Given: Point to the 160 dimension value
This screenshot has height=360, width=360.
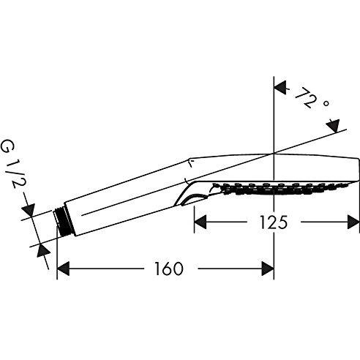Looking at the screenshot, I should tap(168, 269).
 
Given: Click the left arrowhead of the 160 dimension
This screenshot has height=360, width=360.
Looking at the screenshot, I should tap(64, 269).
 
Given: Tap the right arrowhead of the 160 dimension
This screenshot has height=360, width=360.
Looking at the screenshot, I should tap(267, 269).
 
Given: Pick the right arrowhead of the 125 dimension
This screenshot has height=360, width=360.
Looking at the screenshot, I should tap(353, 220).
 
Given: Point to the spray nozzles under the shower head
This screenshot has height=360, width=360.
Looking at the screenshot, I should tap(271, 189).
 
